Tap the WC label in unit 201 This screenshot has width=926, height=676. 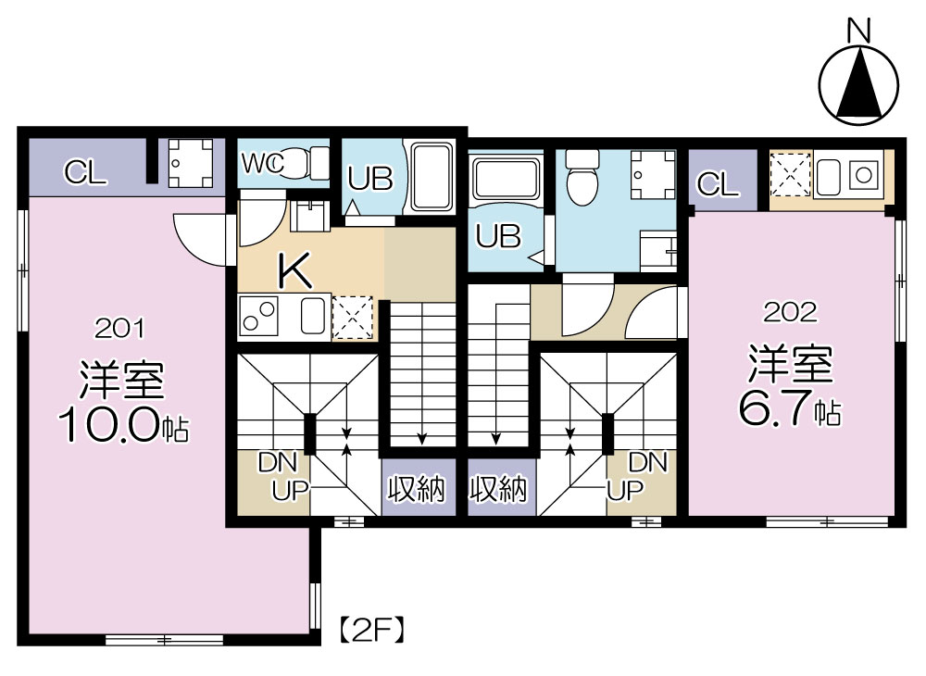pyautogui.click(x=262, y=164)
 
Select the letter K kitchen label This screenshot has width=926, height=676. pyautogui.click(x=294, y=270)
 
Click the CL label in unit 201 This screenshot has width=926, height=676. pyautogui.click(x=85, y=172)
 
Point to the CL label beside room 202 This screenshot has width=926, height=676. pyautogui.click(x=719, y=184)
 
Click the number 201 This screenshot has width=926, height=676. pyautogui.click(x=119, y=328)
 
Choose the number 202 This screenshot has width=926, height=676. pyautogui.click(x=790, y=312)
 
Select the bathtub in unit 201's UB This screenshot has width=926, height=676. pyautogui.click(x=432, y=177)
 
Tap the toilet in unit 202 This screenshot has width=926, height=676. pyautogui.click(x=582, y=175)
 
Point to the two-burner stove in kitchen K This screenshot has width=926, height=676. pyautogui.click(x=258, y=315)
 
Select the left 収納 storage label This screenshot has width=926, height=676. pyautogui.click(x=416, y=489)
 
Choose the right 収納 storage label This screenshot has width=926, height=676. pyautogui.click(x=497, y=489)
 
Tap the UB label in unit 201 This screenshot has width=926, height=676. pyautogui.click(x=370, y=178)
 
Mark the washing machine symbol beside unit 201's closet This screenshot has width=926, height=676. pyautogui.click(x=190, y=162)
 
